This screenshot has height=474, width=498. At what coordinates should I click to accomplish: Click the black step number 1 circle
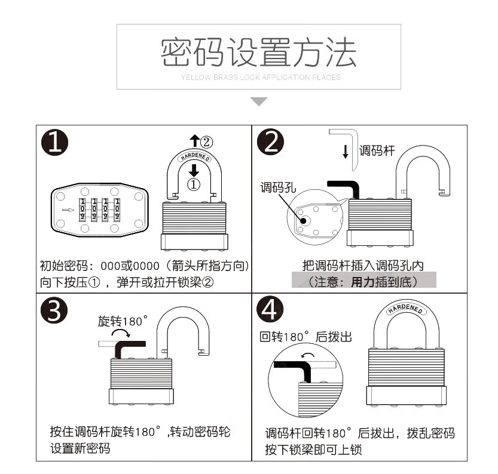(54, 142)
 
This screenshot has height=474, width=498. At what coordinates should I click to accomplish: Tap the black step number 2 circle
(270, 141)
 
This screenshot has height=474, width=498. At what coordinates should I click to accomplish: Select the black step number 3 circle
(54, 310)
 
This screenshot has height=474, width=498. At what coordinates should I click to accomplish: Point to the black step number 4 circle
(270, 309)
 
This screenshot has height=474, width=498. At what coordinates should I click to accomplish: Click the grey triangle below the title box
(259, 101)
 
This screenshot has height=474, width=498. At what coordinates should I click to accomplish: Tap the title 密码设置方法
(258, 53)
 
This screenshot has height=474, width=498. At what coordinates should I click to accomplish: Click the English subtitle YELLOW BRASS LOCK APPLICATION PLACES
(261, 77)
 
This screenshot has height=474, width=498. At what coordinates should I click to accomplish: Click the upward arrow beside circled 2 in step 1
(194, 140)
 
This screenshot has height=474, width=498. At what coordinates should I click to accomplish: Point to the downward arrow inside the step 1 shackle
(194, 170)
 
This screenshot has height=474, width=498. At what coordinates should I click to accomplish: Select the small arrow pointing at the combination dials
(68, 210)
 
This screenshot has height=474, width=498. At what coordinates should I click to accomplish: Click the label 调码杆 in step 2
(377, 150)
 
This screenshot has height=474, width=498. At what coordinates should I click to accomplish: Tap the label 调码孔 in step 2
(278, 187)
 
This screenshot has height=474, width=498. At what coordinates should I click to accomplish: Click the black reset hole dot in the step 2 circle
(304, 220)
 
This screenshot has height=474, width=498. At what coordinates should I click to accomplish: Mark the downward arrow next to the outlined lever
(346, 152)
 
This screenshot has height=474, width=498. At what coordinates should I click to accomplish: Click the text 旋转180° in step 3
(123, 321)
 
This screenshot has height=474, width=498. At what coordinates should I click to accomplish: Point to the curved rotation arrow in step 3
(121, 331)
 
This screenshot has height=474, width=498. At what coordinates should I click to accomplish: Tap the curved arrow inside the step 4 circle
(308, 355)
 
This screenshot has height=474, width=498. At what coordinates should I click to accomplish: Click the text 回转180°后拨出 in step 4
(306, 337)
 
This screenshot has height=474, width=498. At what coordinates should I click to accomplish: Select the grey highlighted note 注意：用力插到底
(364, 280)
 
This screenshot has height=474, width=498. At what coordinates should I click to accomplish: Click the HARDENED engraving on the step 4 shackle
(405, 309)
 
